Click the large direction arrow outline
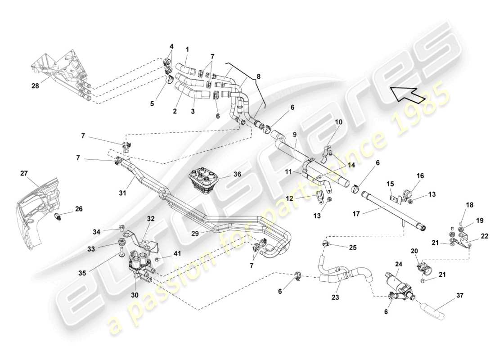click(407, 93)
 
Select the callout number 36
click(237, 174)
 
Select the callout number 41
click(177, 253)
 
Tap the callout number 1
click(188, 49)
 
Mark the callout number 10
click(338, 122)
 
